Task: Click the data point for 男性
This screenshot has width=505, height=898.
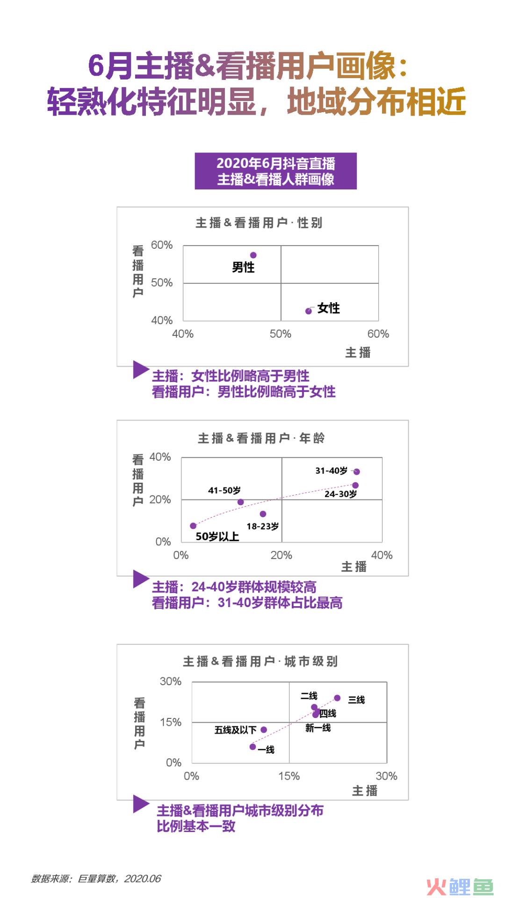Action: point(253,255)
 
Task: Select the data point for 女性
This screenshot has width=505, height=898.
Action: point(309,311)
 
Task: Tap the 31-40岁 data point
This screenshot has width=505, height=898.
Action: point(357,471)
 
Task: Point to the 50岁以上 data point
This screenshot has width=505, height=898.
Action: point(193,526)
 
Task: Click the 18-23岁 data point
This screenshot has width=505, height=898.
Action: point(263,514)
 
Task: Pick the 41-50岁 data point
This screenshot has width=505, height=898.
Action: point(241,502)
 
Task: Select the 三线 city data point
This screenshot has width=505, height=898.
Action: point(338,698)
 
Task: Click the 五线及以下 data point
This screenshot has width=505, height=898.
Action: point(264,730)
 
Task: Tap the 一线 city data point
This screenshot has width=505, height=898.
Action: point(252,747)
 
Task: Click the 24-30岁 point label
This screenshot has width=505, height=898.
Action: point(341,494)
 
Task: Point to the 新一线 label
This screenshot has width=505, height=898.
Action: point(318,728)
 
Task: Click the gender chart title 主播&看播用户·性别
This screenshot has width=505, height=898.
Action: point(259,223)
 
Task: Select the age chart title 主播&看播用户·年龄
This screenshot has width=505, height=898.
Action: point(261,438)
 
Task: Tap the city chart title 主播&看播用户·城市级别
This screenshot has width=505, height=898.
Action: point(260,661)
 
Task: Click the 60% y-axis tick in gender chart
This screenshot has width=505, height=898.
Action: point(162,245)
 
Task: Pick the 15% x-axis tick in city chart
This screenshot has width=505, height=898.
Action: point(289,776)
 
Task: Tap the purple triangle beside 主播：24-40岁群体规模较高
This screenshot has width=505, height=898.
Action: point(141,579)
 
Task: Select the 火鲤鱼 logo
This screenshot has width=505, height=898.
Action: point(460,886)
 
